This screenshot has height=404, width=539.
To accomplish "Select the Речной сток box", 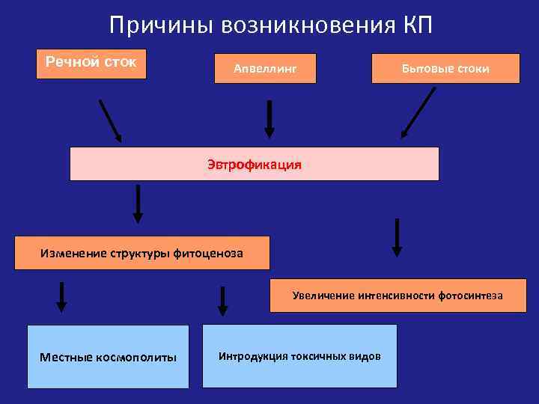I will click(x=91, y=63).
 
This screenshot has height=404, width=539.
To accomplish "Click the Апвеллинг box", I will click(x=266, y=68).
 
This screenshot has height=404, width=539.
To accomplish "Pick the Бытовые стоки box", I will click(x=445, y=68).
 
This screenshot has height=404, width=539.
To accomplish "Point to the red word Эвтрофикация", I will click(x=255, y=164).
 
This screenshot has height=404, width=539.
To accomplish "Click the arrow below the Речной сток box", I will click(x=110, y=120).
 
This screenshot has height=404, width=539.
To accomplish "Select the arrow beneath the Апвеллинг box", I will click(x=269, y=120).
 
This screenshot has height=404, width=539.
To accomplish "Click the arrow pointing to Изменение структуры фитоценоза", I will click(x=138, y=203).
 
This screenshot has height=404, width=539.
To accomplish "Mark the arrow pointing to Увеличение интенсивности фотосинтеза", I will click(x=398, y=238).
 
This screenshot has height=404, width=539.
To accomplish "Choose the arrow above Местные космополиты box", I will click(x=61, y=297).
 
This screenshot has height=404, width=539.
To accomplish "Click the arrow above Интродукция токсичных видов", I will click(x=222, y=301).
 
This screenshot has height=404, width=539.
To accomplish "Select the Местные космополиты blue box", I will click(x=108, y=356).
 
